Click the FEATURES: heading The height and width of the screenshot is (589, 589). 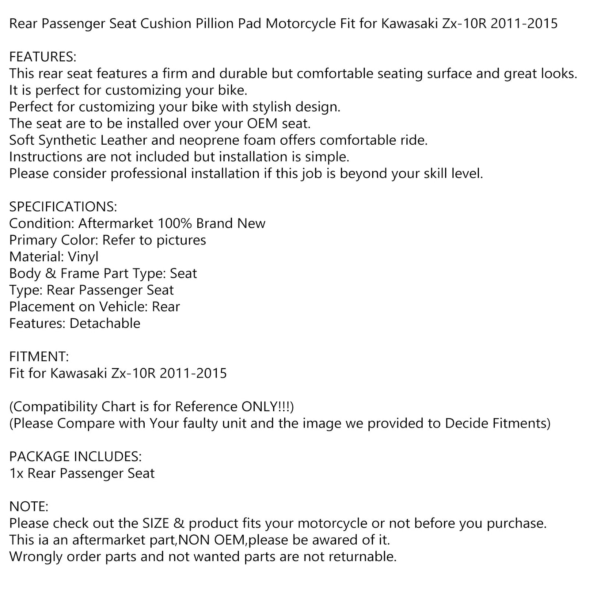(x=42, y=57)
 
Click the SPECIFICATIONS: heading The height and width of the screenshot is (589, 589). (x=63, y=207)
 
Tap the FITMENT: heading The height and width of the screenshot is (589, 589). (x=39, y=357)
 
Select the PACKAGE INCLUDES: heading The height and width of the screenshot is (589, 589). (x=75, y=457)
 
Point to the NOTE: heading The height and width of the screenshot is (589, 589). (x=29, y=507)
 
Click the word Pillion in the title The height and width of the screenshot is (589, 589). (x=216, y=24)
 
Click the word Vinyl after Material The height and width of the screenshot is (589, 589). (x=83, y=257)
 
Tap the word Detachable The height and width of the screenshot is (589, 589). (x=105, y=323)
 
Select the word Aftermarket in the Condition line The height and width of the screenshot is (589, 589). (x=116, y=223)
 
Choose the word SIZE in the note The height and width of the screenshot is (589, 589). (x=156, y=523)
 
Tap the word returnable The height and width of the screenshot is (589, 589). (x=361, y=557)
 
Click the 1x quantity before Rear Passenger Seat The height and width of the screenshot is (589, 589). (x=16, y=474)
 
